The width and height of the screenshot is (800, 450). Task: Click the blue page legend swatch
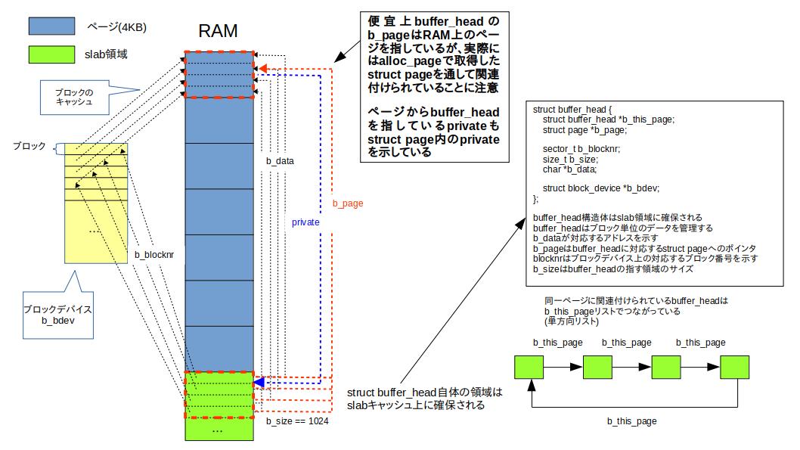point(51,26)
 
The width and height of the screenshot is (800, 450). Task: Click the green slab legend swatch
point(51,54)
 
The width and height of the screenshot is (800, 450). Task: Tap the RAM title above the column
point(218,32)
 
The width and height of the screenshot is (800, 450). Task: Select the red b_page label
point(348,204)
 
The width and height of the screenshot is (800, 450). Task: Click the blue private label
point(305,223)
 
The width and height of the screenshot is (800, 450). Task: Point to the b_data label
point(280,161)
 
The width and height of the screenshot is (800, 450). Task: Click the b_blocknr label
point(154,255)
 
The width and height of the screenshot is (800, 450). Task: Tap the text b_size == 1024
point(297,421)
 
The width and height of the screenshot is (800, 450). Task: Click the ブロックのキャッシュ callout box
point(74,96)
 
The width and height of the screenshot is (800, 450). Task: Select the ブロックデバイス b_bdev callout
point(57,315)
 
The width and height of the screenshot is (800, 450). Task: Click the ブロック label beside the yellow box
point(29,146)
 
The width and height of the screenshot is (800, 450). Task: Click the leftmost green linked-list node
point(529,367)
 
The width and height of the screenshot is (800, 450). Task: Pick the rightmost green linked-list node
point(734,367)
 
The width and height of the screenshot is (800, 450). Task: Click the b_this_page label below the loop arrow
point(631,421)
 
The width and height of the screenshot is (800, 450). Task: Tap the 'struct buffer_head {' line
point(572,110)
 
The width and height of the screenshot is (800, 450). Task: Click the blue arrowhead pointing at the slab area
point(259,383)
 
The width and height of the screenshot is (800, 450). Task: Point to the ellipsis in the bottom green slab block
point(217,430)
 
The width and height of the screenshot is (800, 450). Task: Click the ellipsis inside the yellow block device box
point(95,230)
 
